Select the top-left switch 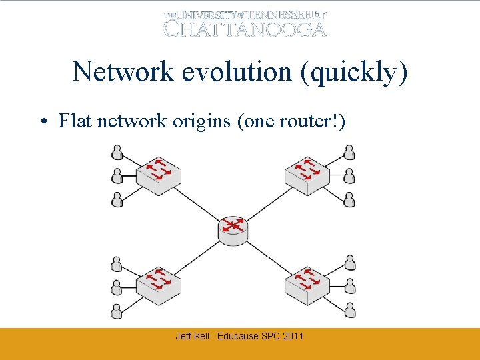159,174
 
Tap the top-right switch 307,174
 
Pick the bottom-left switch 159,285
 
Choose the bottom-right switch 307,285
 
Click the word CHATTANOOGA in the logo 245,29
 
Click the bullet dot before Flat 43,122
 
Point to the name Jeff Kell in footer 192,336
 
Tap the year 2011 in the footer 293,336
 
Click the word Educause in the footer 238,336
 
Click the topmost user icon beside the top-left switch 117,153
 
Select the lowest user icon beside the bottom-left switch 117,311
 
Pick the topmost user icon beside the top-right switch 349,153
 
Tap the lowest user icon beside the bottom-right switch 349,311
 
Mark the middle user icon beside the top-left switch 117,176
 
